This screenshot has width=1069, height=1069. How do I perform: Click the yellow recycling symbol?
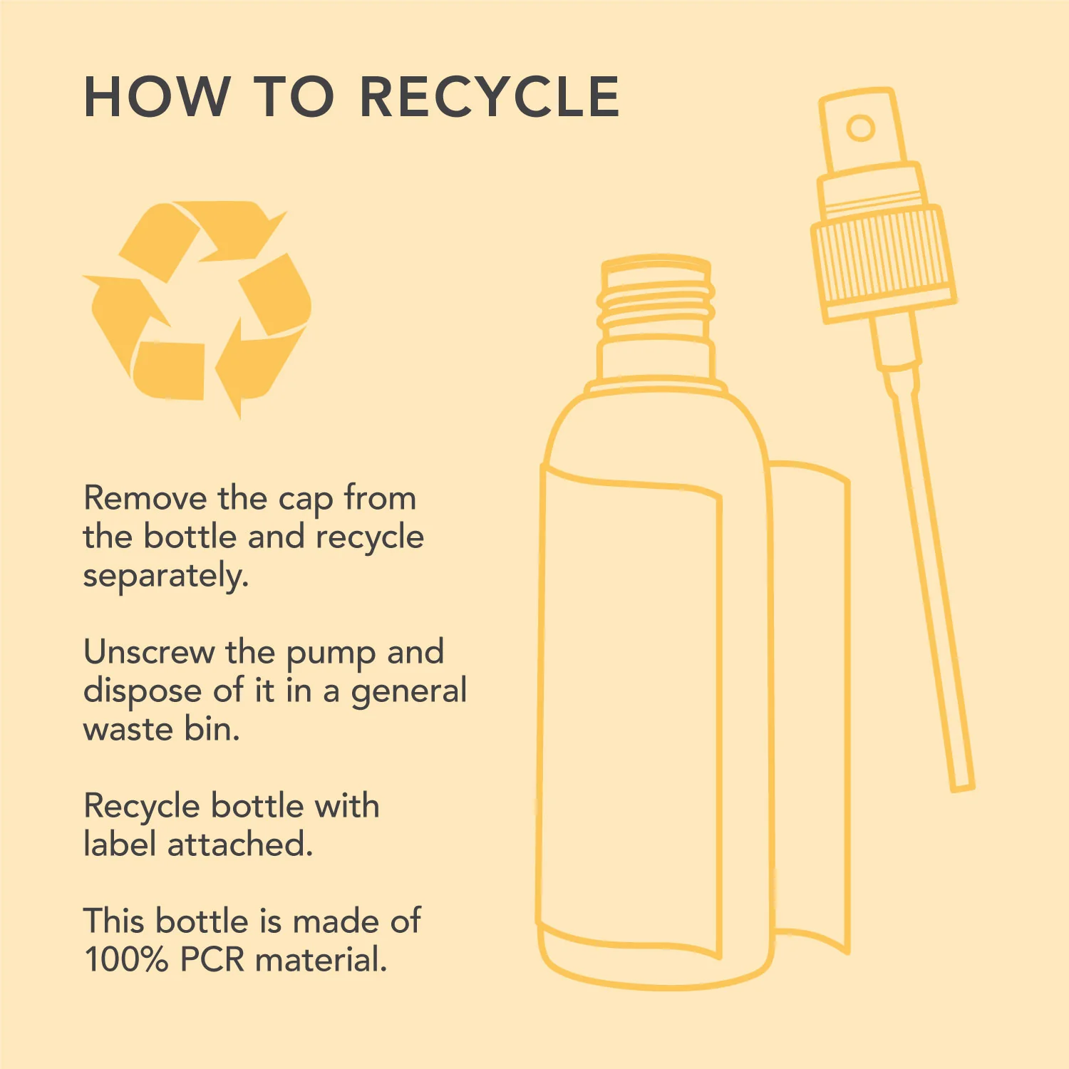(x=197, y=308)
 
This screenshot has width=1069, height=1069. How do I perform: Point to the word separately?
(x=166, y=576)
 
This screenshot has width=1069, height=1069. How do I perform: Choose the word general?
(x=409, y=691)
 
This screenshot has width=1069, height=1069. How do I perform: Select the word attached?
(x=239, y=844)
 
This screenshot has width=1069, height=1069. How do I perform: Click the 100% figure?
(x=126, y=959)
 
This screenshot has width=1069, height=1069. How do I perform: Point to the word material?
(x=321, y=959)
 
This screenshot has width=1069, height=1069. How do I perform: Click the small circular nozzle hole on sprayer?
(x=861, y=128)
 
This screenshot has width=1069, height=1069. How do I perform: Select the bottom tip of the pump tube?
(x=963, y=787)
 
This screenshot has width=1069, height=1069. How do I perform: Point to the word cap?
(x=305, y=501)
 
